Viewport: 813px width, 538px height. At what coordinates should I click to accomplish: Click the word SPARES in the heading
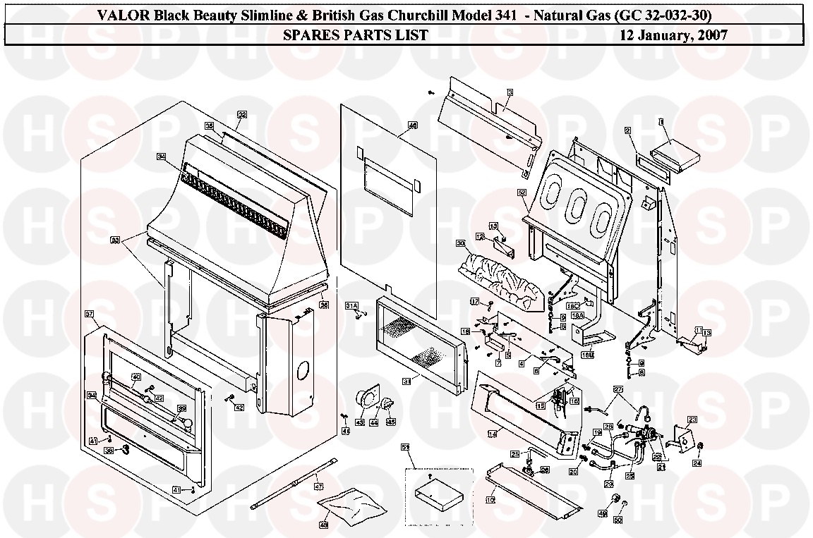click(x=308, y=35)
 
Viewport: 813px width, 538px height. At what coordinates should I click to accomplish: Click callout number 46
click(x=413, y=125)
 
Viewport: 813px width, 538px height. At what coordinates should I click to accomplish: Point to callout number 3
click(x=510, y=92)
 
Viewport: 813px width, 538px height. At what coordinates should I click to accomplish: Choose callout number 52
click(x=522, y=192)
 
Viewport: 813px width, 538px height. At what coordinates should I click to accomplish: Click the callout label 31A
click(x=351, y=305)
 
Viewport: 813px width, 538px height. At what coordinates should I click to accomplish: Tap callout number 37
click(x=90, y=313)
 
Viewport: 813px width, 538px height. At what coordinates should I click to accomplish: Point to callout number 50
click(x=618, y=520)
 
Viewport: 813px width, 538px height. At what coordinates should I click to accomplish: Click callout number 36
click(x=324, y=305)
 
